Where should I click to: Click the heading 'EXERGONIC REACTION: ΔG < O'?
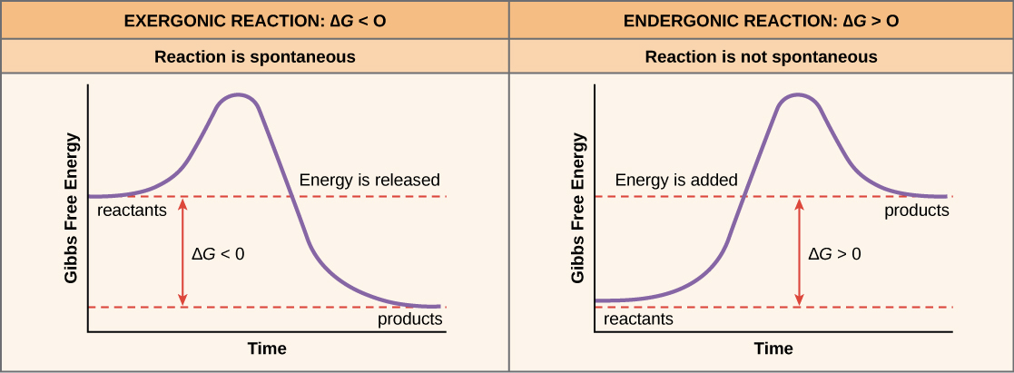(x=254, y=19)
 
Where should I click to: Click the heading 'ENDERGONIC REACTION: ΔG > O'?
(x=761, y=19)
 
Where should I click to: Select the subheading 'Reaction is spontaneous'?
(x=254, y=57)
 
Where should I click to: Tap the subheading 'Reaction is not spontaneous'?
(x=761, y=57)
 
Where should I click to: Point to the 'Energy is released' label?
(x=369, y=180)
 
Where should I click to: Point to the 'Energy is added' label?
(x=676, y=180)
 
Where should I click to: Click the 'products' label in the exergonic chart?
(x=409, y=319)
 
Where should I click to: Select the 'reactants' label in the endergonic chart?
(x=638, y=319)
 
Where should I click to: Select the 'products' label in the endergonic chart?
(x=917, y=211)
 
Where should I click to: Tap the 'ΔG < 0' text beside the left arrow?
(x=218, y=254)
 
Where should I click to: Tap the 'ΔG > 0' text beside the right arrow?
(x=834, y=254)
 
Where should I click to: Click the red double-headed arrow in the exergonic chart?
(x=183, y=251)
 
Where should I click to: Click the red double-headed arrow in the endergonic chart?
(x=799, y=251)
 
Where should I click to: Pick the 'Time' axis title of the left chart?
(x=267, y=348)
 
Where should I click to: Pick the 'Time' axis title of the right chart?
(x=773, y=348)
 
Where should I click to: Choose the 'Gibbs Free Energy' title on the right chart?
(x=577, y=208)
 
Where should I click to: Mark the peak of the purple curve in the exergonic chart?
(x=238, y=95)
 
